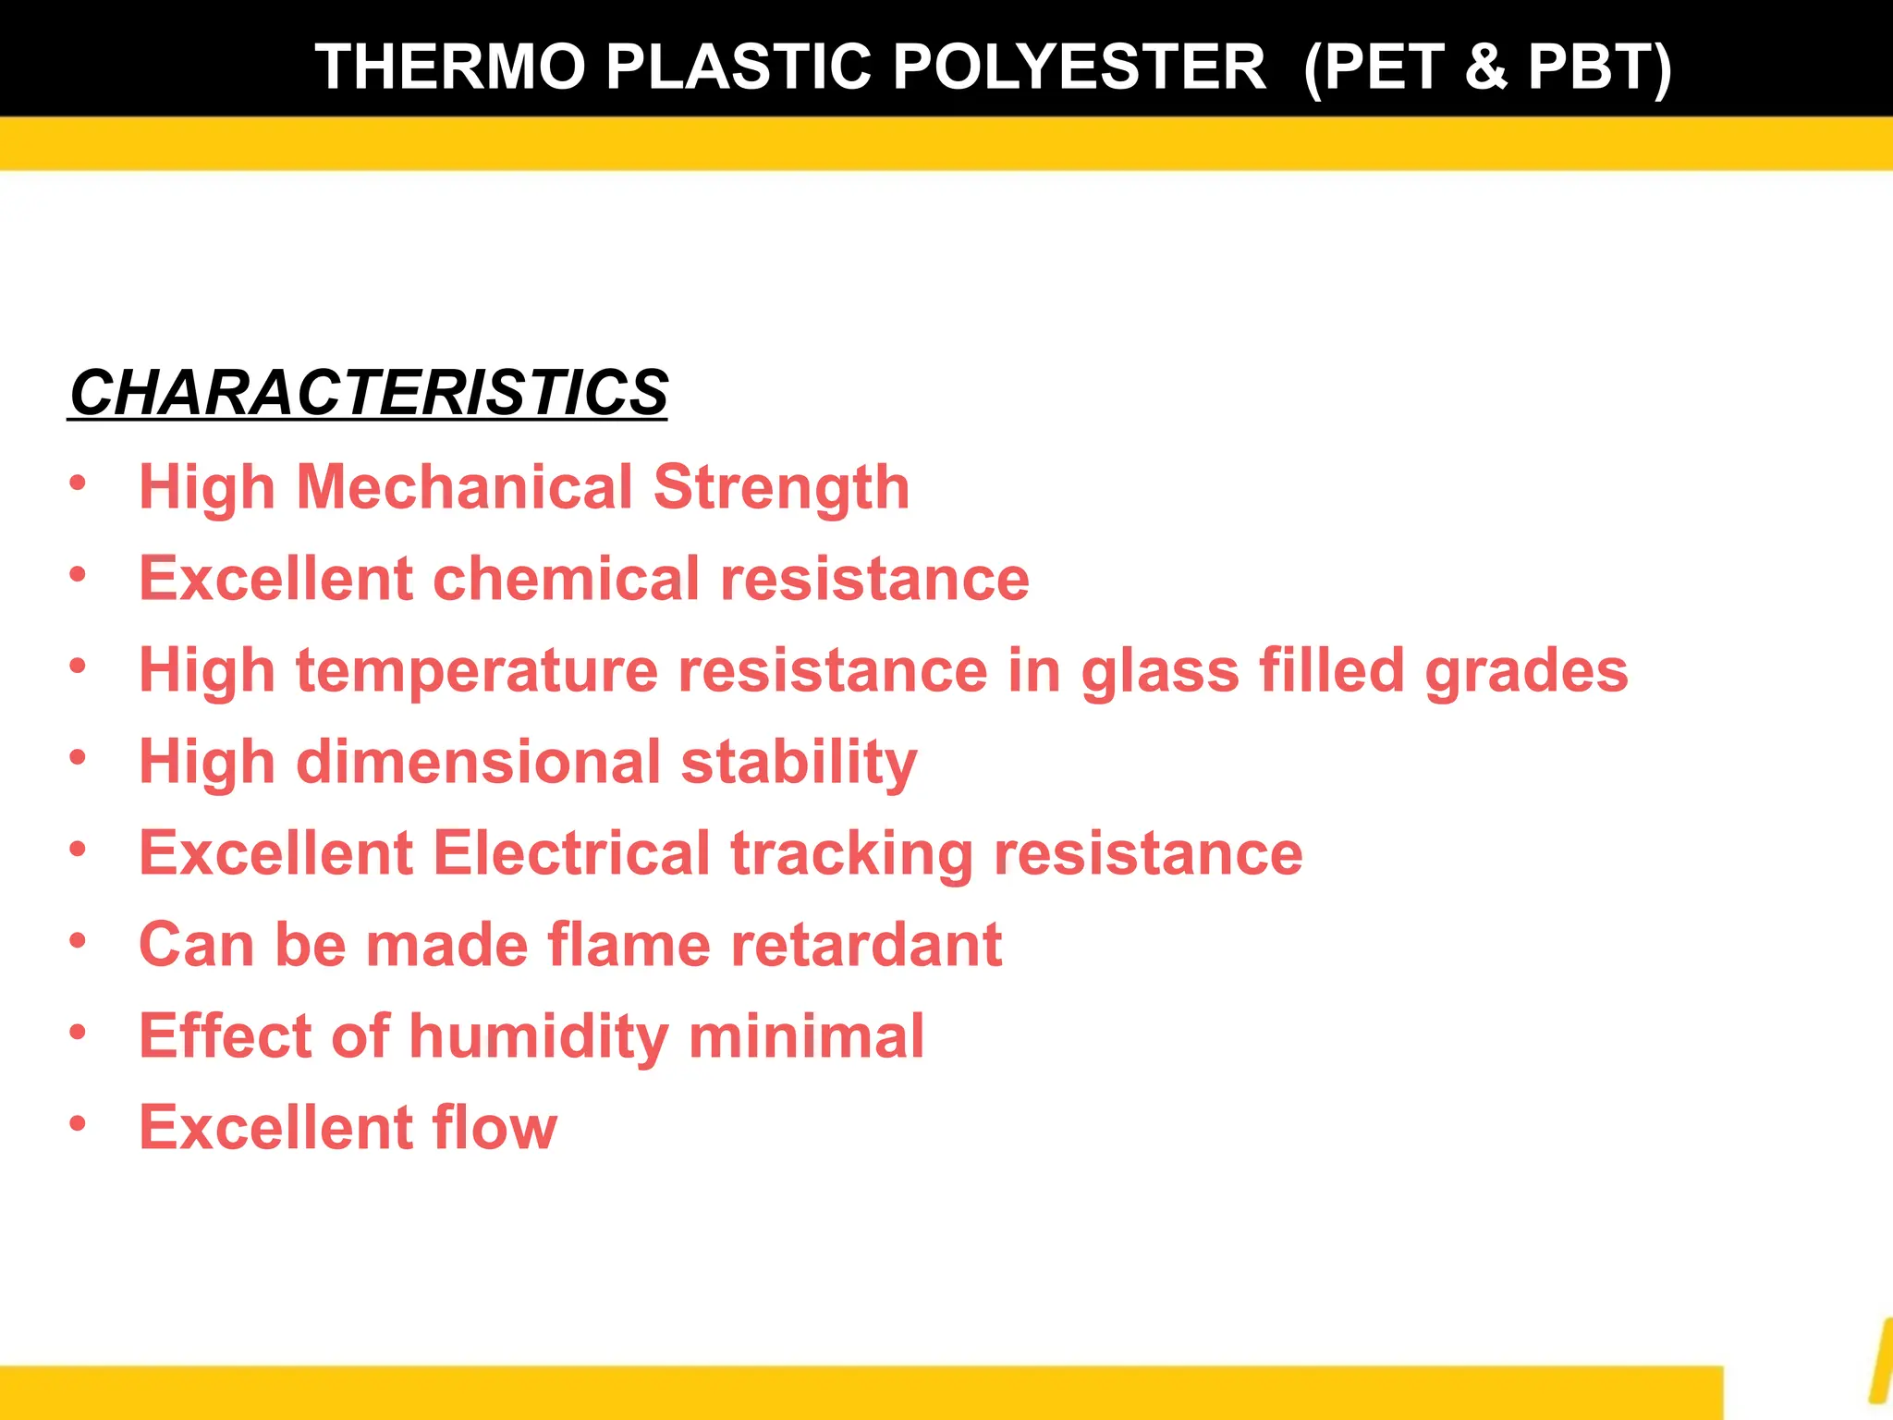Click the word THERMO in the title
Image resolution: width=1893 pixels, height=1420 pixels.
point(450,67)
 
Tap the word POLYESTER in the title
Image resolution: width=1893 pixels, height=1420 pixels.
point(1079,67)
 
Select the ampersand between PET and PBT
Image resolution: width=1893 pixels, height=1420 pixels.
point(1486,67)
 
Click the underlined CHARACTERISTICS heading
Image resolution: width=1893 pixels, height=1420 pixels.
point(368,393)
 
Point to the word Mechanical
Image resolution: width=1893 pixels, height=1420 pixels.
point(463,487)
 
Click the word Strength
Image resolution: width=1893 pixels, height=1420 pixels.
point(781,487)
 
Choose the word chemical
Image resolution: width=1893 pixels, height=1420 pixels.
point(566,579)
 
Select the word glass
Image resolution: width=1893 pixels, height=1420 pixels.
point(1160,670)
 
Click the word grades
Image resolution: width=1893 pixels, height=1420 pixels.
point(1526,670)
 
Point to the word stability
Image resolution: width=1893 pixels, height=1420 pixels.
point(799,762)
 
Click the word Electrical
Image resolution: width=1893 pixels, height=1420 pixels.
point(571,852)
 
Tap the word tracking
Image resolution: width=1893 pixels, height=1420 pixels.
point(851,852)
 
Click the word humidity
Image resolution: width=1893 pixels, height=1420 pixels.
point(539,1035)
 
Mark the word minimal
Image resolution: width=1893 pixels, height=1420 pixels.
point(806,1035)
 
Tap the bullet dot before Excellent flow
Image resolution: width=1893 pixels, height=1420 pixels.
point(78,1123)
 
